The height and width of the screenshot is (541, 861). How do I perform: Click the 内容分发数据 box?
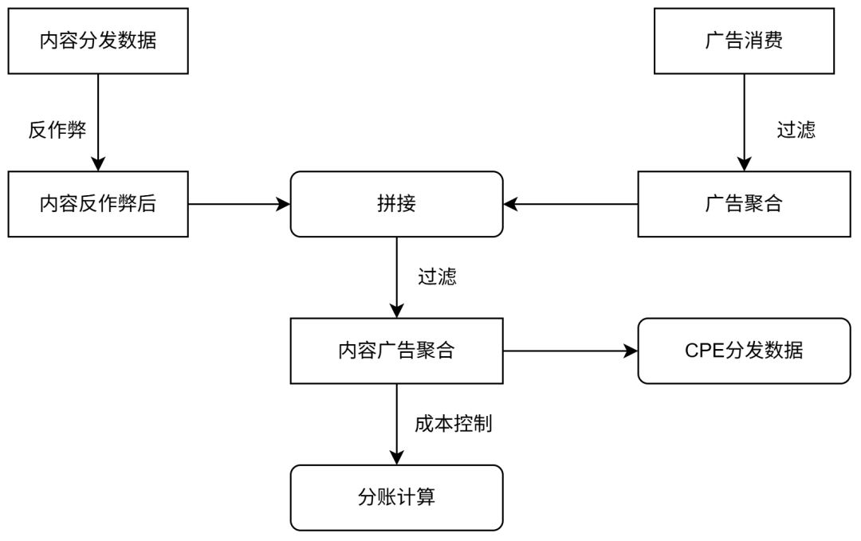click(98, 41)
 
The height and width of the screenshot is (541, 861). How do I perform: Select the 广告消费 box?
click(744, 41)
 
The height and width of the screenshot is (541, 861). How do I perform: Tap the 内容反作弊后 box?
click(98, 204)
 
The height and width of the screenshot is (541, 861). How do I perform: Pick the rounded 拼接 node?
click(396, 204)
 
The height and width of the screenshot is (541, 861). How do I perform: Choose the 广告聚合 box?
click(744, 204)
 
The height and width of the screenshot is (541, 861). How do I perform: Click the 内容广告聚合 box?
click(396, 351)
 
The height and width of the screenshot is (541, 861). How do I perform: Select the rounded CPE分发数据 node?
click(744, 351)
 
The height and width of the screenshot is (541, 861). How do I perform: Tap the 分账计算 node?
click(396, 498)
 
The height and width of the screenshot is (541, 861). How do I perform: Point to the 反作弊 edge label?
click(57, 130)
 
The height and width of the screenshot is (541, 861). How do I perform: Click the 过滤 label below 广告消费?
click(796, 130)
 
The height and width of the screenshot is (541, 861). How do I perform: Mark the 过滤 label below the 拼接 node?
click(437, 277)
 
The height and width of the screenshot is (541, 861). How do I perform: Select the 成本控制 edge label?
click(453, 424)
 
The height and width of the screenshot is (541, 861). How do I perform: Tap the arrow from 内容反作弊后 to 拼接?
click(239, 204)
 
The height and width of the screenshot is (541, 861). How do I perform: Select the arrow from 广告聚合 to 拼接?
click(571, 204)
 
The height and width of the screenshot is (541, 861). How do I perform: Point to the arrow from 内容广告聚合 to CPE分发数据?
click(571, 351)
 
